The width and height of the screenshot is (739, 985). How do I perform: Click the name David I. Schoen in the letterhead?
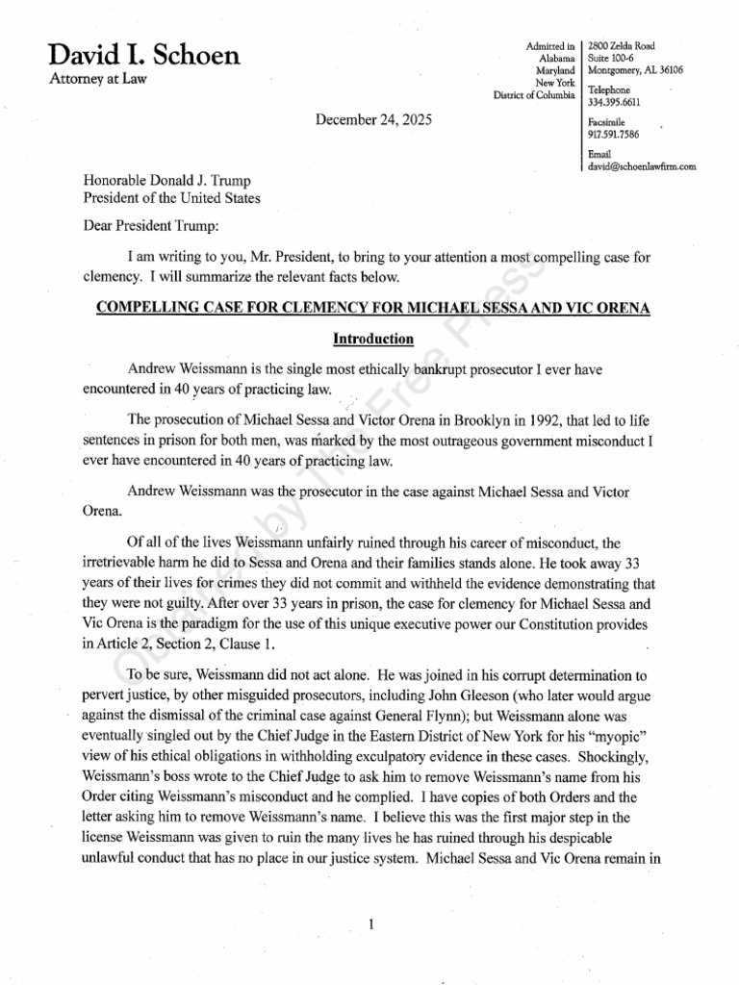(144, 56)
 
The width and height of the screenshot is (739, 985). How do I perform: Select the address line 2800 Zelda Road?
(624, 45)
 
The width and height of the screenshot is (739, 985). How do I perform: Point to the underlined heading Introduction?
(373, 339)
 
